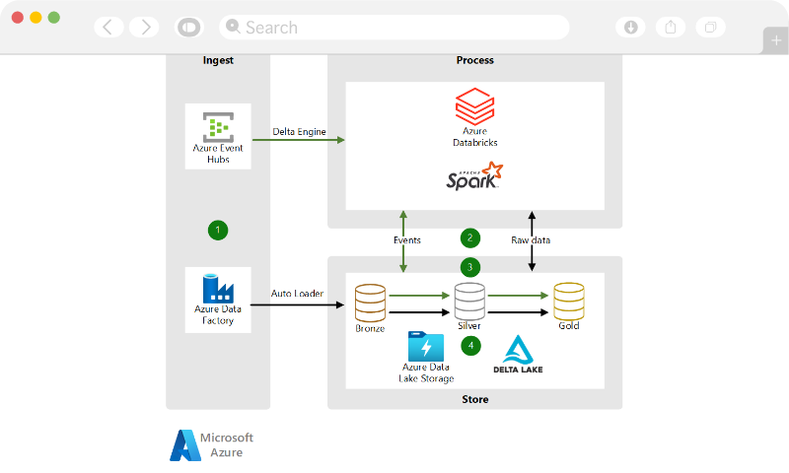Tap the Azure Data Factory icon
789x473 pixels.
[x=218, y=288]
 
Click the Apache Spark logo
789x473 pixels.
[x=474, y=177]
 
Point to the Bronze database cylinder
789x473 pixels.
[x=371, y=301]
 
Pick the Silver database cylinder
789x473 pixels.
[x=469, y=301]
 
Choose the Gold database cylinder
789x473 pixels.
[x=569, y=301]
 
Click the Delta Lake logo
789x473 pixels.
[x=518, y=356]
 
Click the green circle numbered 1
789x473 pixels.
[x=218, y=230]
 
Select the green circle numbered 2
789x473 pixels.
[x=470, y=237]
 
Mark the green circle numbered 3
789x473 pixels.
[x=470, y=266]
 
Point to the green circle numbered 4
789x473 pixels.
[x=470, y=345]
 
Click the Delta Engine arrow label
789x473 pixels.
[x=299, y=132]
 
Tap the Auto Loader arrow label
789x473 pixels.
[x=298, y=294]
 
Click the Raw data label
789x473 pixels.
[x=531, y=239]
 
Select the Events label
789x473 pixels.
[x=406, y=239]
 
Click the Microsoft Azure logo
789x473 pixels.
[x=212, y=445]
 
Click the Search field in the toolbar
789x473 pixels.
[x=394, y=28]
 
